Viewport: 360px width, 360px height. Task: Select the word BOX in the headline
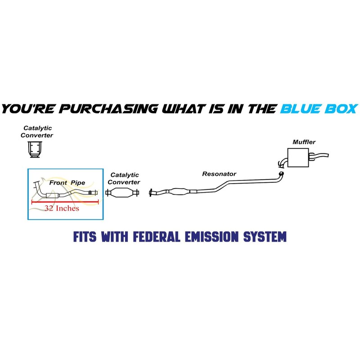coord(341,108)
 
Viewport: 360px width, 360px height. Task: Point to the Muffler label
coord(304,142)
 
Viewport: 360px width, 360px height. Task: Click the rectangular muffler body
coord(299,157)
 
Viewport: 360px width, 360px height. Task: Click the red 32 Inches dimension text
coord(62,208)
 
